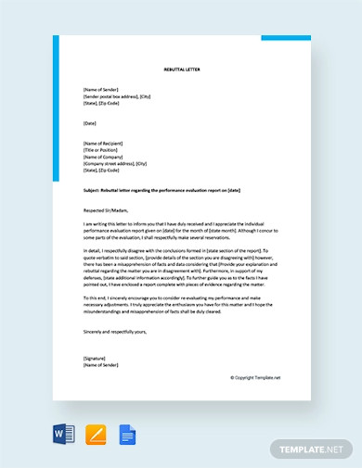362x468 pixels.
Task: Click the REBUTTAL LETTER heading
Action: point(182,70)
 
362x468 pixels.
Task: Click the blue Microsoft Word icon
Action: point(63,434)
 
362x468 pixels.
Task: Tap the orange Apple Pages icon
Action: point(95,434)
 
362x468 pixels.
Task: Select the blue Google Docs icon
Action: point(126,434)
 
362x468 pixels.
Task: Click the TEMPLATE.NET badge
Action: point(311,449)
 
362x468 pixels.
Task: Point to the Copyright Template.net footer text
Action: point(254,377)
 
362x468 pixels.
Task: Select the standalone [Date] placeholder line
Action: point(89,123)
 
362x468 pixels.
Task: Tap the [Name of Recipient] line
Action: point(105,144)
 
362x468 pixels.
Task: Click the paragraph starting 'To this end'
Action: point(176,303)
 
